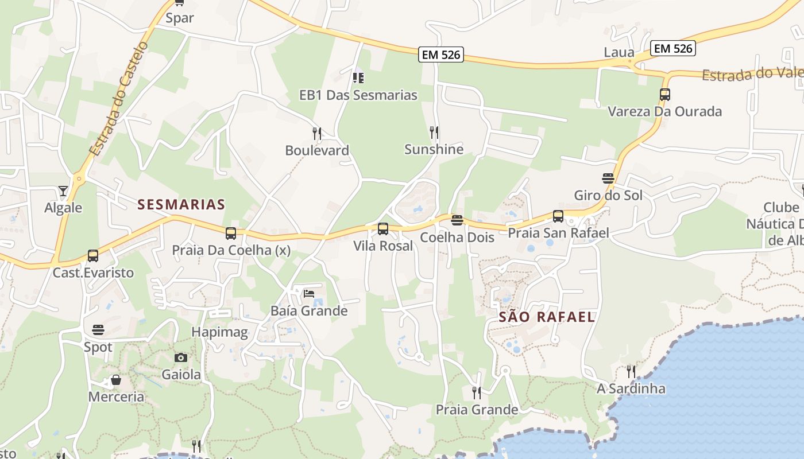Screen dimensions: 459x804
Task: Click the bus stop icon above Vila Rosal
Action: point(383,229)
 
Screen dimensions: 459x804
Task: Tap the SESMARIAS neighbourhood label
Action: point(181,204)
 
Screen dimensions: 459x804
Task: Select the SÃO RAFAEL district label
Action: point(547,317)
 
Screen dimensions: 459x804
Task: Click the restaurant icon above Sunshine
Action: point(434,133)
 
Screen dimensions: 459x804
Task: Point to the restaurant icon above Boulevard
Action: point(317,134)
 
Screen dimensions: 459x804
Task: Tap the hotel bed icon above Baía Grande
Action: point(309,294)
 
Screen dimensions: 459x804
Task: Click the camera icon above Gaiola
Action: point(181,357)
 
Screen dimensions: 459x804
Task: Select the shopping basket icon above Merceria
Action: point(116,380)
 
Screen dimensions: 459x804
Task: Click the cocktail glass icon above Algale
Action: point(63,190)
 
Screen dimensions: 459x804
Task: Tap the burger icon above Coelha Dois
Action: point(457,220)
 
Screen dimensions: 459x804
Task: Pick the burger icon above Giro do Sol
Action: point(608,178)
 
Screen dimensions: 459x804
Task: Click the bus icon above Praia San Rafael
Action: point(558,216)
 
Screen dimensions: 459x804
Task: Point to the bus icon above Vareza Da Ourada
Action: point(665,95)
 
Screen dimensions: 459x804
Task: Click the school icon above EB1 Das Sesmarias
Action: point(358,77)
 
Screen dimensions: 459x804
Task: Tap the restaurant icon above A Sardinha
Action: point(631,371)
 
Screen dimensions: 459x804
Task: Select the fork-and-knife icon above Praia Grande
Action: point(477,392)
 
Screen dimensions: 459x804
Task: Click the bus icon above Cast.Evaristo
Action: point(93,255)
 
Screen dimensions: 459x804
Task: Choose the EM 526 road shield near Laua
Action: point(674,49)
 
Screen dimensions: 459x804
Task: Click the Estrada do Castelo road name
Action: point(119,98)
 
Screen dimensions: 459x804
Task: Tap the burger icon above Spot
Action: point(98,330)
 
